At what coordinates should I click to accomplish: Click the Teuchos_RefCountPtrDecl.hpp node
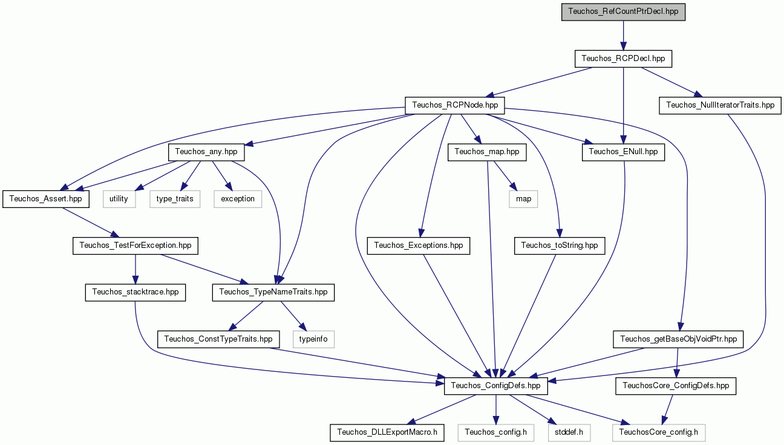(623, 12)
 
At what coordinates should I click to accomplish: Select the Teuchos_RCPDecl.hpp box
(623, 59)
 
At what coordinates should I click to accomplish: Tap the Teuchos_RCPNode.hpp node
(455, 105)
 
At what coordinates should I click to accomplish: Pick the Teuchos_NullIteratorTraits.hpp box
(720, 105)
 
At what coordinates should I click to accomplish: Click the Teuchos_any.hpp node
(206, 152)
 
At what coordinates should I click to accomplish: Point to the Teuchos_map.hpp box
(487, 152)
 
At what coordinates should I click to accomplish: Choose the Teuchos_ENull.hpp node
(623, 152)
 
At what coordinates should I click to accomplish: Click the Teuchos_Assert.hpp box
(46, 199)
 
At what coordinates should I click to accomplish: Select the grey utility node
(119, 199)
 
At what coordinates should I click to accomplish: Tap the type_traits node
(175, 199)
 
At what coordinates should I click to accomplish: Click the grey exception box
(238, 199)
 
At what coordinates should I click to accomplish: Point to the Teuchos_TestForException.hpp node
(136, 245)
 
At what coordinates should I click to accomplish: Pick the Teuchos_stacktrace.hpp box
(136, 292)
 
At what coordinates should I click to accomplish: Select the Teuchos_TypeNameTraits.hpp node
(273, 292)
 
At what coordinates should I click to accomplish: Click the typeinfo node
(313, 339)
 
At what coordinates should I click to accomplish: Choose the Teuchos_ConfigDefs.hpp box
(495, 386)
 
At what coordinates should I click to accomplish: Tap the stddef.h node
(569, 433)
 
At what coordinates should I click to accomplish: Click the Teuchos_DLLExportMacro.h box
(387, 433)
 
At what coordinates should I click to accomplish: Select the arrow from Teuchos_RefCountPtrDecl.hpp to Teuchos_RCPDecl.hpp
(623, 35)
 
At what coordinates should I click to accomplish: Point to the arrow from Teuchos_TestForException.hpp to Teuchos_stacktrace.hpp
(136, 269)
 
